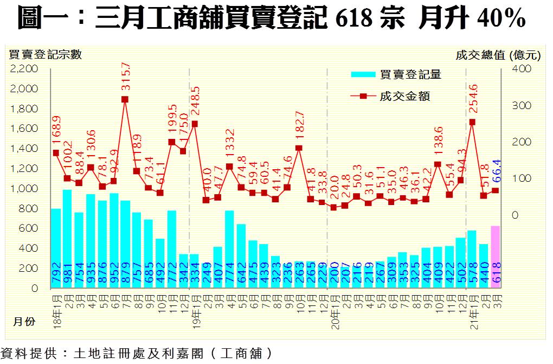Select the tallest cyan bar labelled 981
point(67,239)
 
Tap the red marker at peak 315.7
point(125,99)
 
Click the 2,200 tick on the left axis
point(24,69)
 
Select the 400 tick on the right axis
point(521,69)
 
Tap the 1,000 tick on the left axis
point(24,189)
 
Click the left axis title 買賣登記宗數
point(45,54)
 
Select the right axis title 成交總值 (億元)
point(498,54)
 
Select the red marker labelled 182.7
point(299,148)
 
